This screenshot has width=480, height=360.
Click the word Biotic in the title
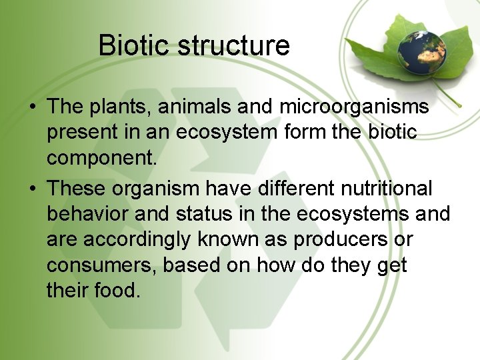[x=134, y=45]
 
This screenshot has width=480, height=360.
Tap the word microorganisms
[x=354, y=107]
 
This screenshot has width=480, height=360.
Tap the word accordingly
[x=141, y=239]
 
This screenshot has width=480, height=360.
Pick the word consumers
[x=102, y=265]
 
